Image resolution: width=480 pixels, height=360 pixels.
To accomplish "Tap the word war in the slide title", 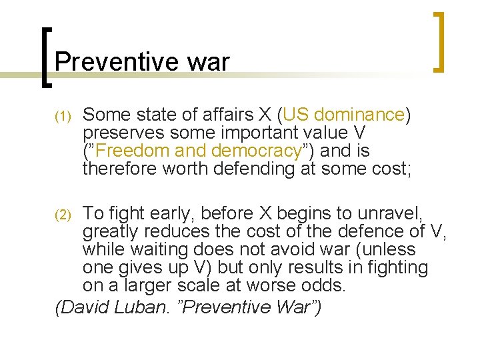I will [x=208, y=62].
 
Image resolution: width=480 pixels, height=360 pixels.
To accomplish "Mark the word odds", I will [x=330, y=285].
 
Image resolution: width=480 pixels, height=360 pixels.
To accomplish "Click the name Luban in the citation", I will [x=147, y=307].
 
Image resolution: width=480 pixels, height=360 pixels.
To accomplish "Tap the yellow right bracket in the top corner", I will [x=438, y=41].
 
